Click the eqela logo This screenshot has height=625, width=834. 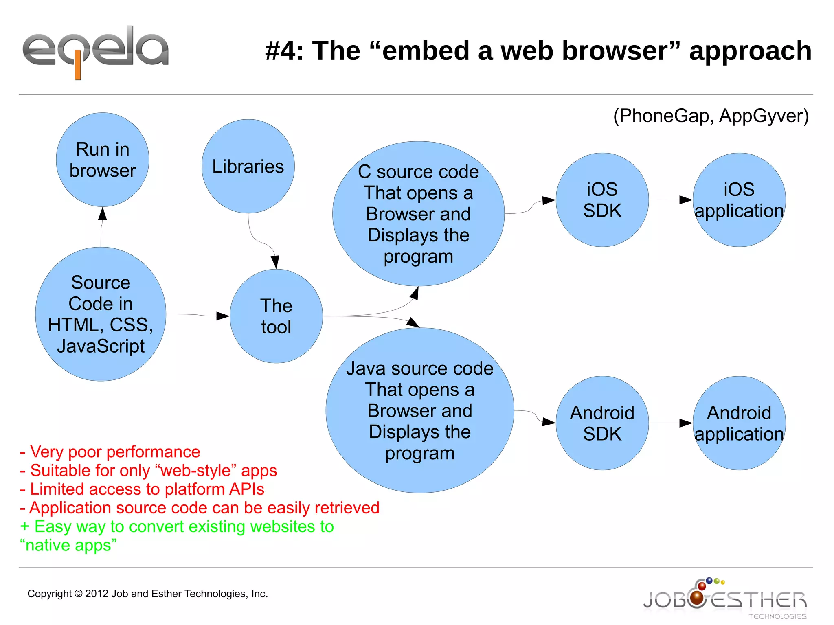pos(96,51)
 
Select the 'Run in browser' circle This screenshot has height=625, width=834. pos(103,160)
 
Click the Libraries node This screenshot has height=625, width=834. pos(248,166)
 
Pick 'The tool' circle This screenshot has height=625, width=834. pos(276,316)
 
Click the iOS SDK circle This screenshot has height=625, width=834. pos(602,200)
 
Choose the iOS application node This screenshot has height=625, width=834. pos(739,200)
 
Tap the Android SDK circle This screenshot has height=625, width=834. pos(602,423)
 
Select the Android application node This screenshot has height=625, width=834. pos(739,423)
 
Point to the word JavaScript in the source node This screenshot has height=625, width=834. pos(101,346)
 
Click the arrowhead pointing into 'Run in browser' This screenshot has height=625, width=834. pos(103,213)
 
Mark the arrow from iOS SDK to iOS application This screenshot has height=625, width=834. pos(670,200)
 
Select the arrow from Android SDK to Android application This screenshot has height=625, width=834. pos(670,423)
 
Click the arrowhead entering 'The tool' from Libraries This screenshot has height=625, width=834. pos(275,261)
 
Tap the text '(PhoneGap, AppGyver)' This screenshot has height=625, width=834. pos(711,116)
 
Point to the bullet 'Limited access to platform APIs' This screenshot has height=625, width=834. pos(143,489)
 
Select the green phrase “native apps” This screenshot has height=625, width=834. pos(68,545)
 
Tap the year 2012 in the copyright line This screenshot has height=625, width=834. pos(97,594)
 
